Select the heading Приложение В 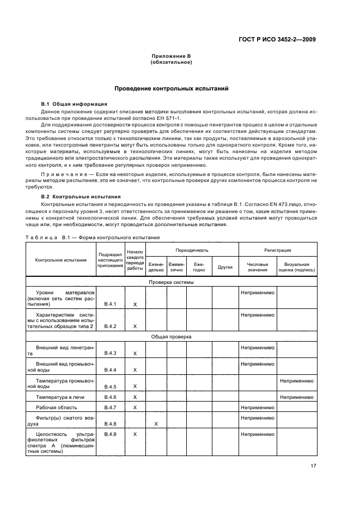(170, 57)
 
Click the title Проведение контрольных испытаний (170, 88)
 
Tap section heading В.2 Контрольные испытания (81, 196)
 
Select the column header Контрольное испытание (61, 260)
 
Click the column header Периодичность (192, 250)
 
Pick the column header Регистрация (277, 250)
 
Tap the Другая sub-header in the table (225, 267)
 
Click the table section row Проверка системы (172, 282)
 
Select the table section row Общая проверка (172, 337)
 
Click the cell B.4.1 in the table (111, 304)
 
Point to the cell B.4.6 (111, 397)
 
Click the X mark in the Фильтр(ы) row (156, 423)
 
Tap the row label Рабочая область (57, 407)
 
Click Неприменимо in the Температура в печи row (296, 397)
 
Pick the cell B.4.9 (111, 434)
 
